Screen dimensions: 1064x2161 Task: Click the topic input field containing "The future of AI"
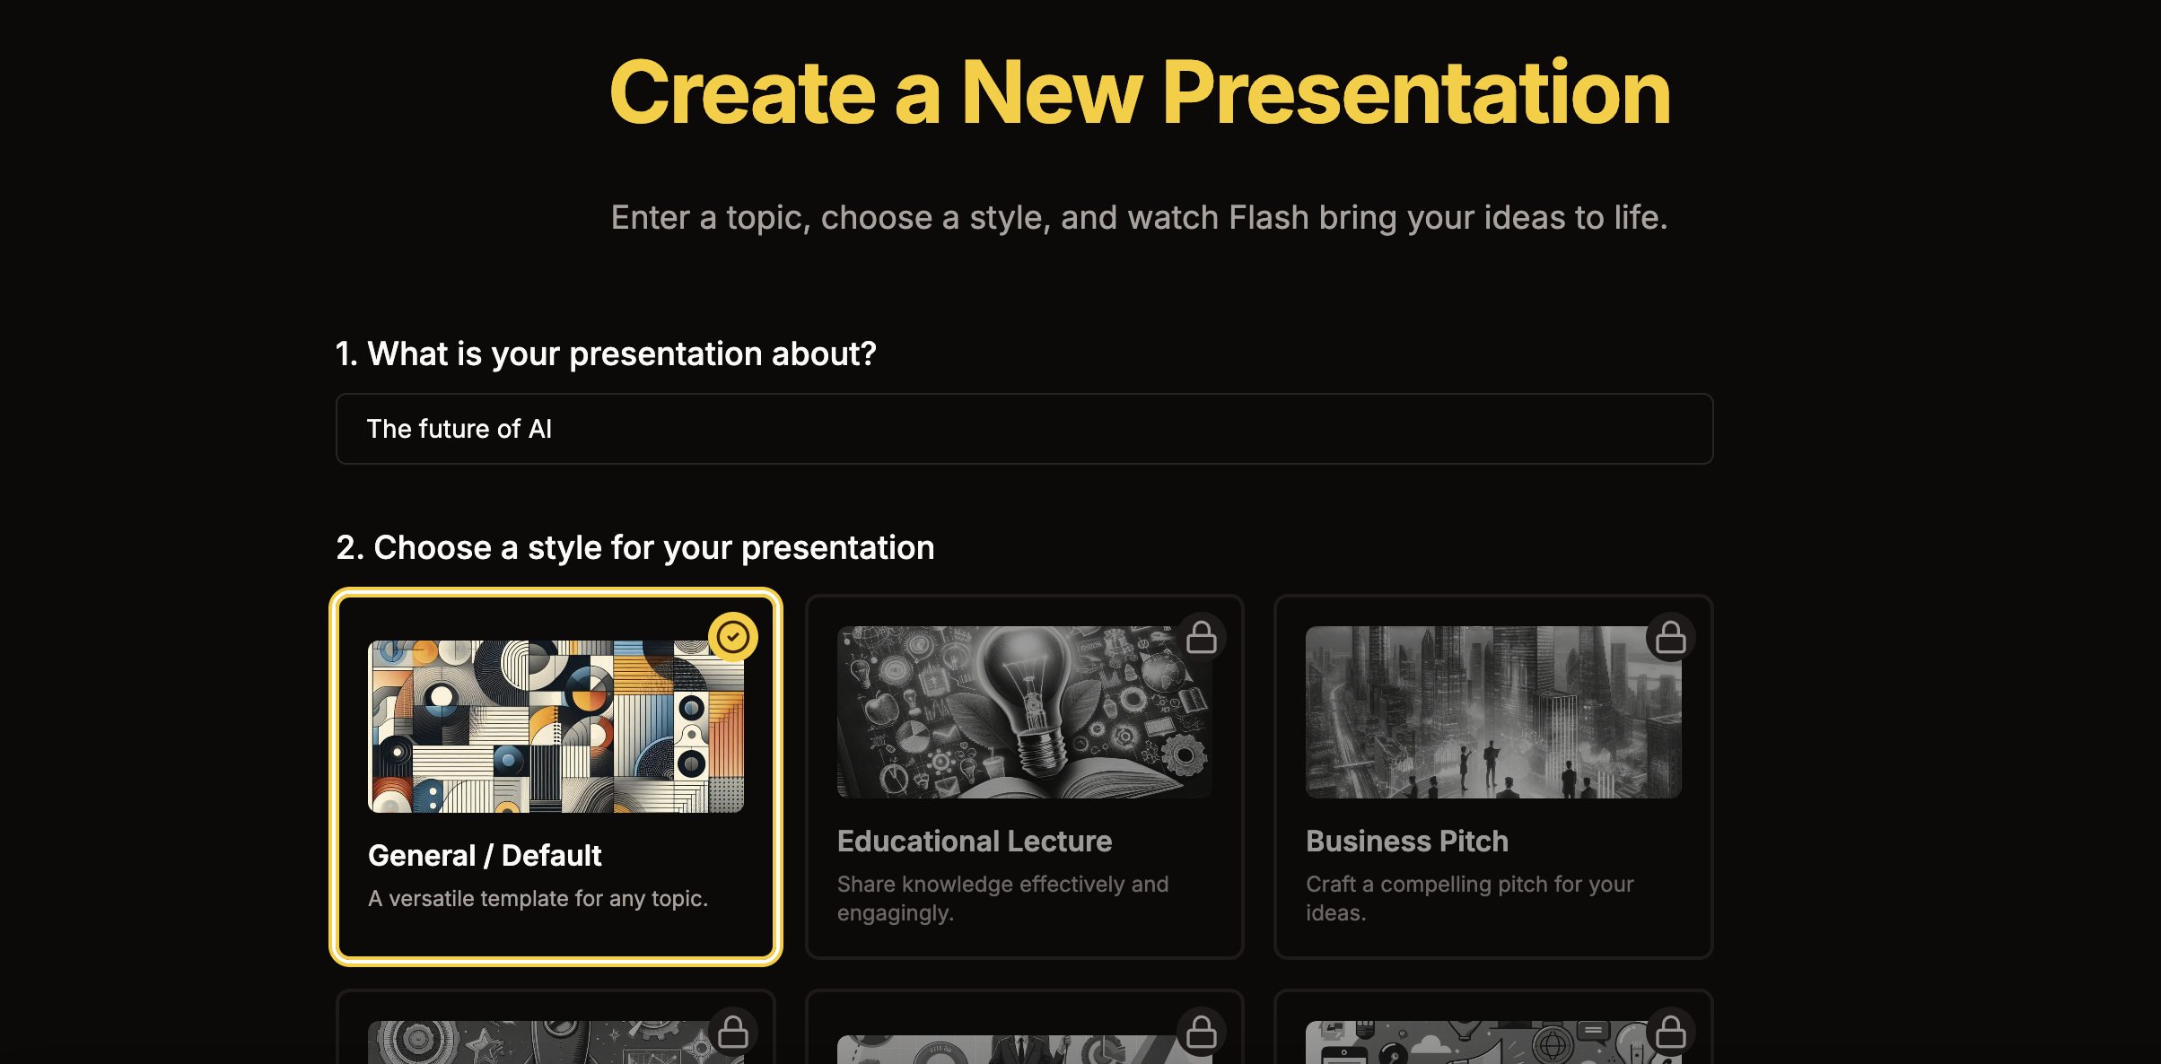click(x=1023, y=429)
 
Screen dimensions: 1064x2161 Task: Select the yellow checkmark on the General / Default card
click(x=733, y=637)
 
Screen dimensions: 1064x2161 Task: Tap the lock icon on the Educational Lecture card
click(x=1202, y=637)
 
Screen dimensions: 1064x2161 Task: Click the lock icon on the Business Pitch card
click(x=1670, y=637)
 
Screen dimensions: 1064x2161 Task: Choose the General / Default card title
click(x=485, y=856)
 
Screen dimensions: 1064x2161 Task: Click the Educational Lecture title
click(x=974, y=842)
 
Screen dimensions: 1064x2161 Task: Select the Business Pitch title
click(x=1406, y=842)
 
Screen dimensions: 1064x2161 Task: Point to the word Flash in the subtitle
click(x=1268, y=218)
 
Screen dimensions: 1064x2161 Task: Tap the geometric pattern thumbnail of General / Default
click(x=556, y=726)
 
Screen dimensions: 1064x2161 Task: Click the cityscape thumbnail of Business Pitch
click(x=1492, y=711)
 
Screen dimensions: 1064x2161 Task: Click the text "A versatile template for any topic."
click(x=538, y=898)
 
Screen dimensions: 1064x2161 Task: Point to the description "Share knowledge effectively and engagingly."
click(x=1002, y=898)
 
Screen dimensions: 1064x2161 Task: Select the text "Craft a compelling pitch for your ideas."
click(x=1469, y=898)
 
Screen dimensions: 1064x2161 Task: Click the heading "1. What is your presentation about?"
click(x=606, y=354)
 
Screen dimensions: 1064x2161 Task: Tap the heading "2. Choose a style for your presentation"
click(x=635, y=548)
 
